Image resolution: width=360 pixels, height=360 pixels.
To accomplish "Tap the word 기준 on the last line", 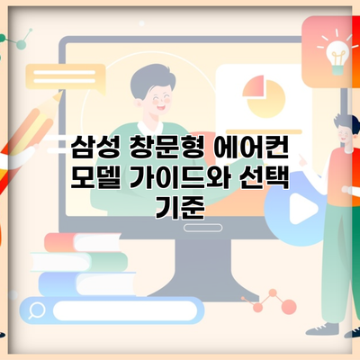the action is coord(180,207).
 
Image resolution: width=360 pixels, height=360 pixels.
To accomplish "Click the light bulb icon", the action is coord(338,55).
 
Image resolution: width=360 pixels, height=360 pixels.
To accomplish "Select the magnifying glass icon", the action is coord(36,310).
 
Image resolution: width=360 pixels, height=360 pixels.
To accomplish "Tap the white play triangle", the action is coord(302,209).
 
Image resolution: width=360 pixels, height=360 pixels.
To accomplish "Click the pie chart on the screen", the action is coord(264,96).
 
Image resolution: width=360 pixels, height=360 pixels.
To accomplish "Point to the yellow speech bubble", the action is coord(66,78).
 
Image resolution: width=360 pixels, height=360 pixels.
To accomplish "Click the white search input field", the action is coord(125,310).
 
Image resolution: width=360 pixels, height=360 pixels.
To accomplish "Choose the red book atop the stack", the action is coord(83,242).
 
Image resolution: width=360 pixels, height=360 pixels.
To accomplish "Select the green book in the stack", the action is coord(79,262).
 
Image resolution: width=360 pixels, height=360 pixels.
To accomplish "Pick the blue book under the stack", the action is coord(87,283).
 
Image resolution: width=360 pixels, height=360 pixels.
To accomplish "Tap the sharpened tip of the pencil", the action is coord(59,94).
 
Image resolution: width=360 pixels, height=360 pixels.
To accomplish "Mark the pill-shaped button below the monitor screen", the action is coord(202,228).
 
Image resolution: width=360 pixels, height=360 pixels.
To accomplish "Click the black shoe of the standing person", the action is coord(322,329).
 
